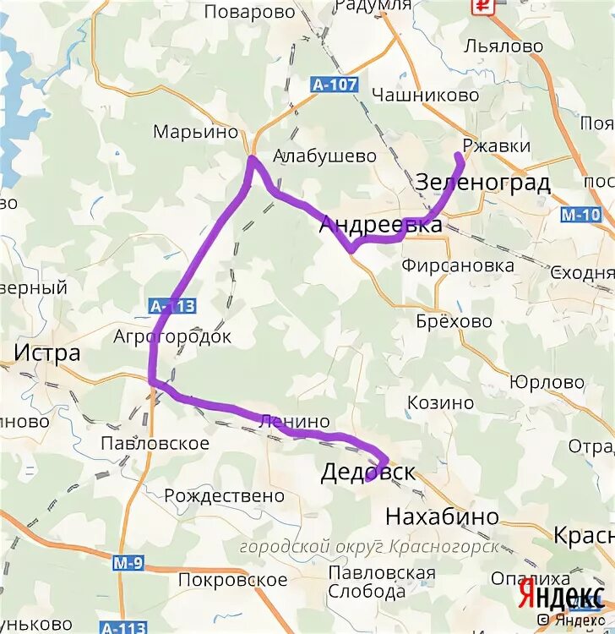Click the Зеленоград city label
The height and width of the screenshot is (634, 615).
click(x=482, y=183)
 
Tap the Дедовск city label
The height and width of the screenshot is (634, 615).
click(x=368, y=473)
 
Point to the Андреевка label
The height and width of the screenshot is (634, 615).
click(x=380, y=226)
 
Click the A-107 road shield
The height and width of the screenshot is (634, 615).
click(x=335, y=85)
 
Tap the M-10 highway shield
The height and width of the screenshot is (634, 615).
click(x=580, y=215)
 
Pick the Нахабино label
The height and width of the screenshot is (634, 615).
click(x=442, y=516)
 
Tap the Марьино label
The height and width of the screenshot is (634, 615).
click(x=196, y=131)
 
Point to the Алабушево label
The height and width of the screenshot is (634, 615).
click(x=324, y=156)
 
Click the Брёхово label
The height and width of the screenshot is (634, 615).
click(x=454, y=321)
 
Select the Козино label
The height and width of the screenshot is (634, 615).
click(x=440, y=402)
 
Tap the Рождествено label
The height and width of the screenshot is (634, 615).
click(x=224, y=495)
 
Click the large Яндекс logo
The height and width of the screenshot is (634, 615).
click(x=556, y=596)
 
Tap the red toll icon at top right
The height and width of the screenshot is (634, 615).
click(x=483, y=7)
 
